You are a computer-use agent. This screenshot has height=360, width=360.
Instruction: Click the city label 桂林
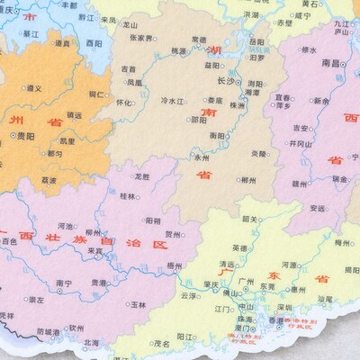(x=128, y=195)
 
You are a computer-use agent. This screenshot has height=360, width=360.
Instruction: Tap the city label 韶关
(x=251, y=219)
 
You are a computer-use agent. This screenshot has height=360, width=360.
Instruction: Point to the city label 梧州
(x=175, y=267)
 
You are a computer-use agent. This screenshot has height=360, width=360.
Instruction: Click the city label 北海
(x=91, y=342)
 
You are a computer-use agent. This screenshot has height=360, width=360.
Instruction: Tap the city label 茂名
(x=162, y=342)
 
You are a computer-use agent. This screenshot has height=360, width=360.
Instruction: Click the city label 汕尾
(x=325, y=299)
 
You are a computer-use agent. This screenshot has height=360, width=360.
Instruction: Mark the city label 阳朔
(x=155, y=220)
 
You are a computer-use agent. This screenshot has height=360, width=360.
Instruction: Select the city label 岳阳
(x=256, y=41)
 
